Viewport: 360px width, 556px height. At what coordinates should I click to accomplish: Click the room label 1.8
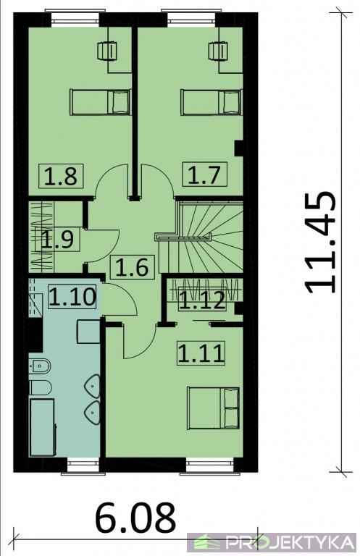pyautogui.click(x=61, y=176)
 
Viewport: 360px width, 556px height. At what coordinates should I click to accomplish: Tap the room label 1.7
pyautogui.click(x=204, y=174)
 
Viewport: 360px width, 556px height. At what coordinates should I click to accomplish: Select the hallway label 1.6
pyautogui.click(x=133, y=266)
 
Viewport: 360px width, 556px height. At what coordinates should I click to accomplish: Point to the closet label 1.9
pyautogui.click(x=57, y=240)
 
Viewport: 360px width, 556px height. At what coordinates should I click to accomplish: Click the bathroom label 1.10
pyautogui.click(x=72, y=296)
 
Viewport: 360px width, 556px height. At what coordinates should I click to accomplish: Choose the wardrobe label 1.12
pyautogui.click(x=202, y=300)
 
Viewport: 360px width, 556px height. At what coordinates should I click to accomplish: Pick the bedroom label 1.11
pyautogui.click(x=201, y=353)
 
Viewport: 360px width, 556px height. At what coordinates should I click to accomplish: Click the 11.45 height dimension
pyautogui.click(x=320, y=243)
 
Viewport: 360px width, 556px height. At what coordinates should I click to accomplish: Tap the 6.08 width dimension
pyautogui.click(x=135, y=517)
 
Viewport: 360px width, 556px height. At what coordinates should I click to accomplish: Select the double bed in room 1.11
pyautogui.click(x=214, y=408)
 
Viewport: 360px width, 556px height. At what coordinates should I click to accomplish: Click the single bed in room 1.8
pyautogui.click(x=101, y=102)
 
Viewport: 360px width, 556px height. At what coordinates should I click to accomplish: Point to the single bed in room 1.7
pyautogui.click(x=212, y=102)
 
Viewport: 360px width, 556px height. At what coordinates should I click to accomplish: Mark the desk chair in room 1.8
pyautogui.click(x=106, y=51)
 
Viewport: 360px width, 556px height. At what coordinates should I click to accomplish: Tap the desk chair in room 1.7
pyautogui.click(x=217, y=51)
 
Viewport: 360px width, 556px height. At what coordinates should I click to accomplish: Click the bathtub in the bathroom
pyautogui.click(x=43, y=427)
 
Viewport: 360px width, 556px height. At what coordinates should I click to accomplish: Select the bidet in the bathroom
pyautogui.click(x=40, y=366)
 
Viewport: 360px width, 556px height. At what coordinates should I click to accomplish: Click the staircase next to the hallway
pyautogui.click(x=201, y=237)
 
